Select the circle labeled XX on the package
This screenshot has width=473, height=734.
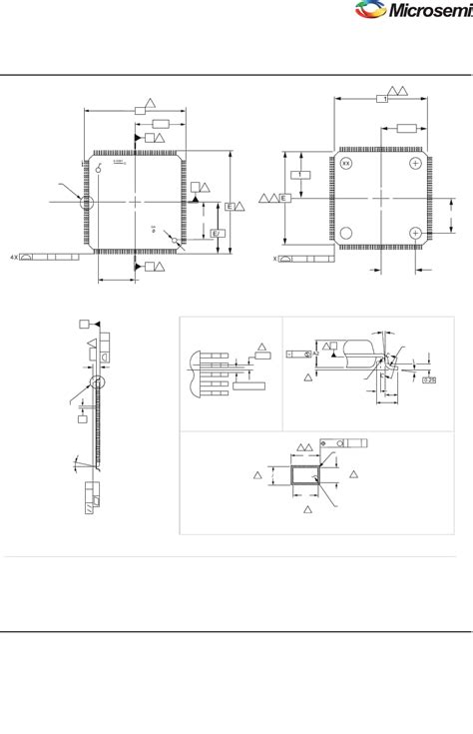click(x=346, y=163)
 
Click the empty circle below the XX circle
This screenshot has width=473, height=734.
click(x=346, y=233)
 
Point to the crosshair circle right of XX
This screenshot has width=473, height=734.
click(x=415, y=163)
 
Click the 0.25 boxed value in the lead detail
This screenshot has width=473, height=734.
click(x=429, y=379)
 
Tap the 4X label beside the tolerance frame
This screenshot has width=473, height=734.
click(x=14, y=257)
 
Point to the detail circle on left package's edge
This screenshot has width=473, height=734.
click(x=87, y=202)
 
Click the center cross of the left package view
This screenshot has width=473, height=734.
click(x=136, y=202)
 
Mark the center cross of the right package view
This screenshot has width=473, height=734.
click(x=380, y=199)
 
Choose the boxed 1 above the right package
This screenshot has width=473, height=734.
click(x=381, y=99)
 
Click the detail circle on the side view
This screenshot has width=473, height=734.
click(x=97, y=381)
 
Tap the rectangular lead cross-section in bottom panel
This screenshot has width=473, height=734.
click(x=306, y=478)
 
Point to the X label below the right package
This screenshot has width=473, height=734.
click(x=275, y=258)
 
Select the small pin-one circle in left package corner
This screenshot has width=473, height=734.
click(x=99, y=169)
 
